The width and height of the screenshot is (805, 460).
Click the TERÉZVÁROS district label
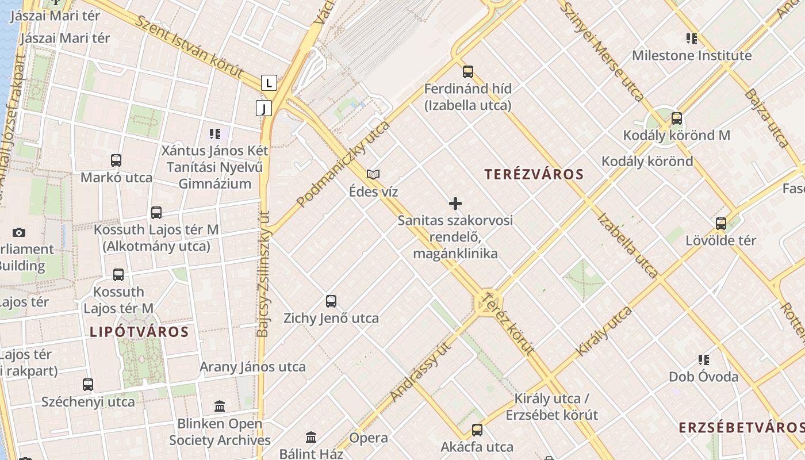pyautogui.click(x=534, y=174)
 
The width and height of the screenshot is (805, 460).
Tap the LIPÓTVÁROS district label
pyautogui.click(x=139, y=332)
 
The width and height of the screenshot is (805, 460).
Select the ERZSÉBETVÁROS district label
pyautogui.click(x=741, y=427)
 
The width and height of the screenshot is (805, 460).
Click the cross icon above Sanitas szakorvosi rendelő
pyautogui.click(x=455, y=204)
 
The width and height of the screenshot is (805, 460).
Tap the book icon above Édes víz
pyautogui.click(x=373, y=174)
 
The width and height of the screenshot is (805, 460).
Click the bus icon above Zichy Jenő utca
pyautogui.click(x=331, y=301)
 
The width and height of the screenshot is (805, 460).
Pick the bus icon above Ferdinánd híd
pyautogui.click(x=468, y=72)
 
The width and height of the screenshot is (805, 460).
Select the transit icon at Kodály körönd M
pyautogui.click(x=677, y=118)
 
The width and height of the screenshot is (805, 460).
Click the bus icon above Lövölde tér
pyautogui.click(x=721, y=224)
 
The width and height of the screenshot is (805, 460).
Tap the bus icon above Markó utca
pyautogui.click(x=116, y=160)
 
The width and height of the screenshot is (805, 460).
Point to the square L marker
pyautogui.click(x=269, y=82)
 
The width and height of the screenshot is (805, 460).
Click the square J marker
pyautogui.click(x=263, y=108)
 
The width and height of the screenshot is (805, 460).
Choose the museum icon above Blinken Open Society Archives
pyautogui.click(x=220, y=407)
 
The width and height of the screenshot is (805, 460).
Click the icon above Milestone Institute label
pyautogui.click(x=692, y=39)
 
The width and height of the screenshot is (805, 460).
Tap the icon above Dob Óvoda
pyautogui.click(x=704, y=360)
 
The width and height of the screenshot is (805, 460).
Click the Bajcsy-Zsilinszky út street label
pyautogui.click(x=263, y=273)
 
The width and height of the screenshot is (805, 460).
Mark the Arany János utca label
pyautogui.click(x=252, y=367)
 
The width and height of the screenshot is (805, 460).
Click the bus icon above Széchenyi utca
pyautogui.click(x=88, y=385)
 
